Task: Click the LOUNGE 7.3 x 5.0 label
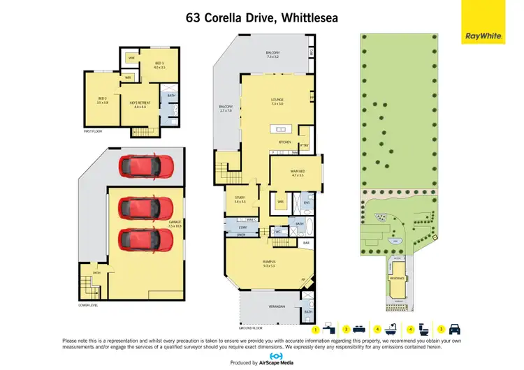coord(277,102)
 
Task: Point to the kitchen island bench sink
coord(282,129)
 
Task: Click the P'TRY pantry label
coord(304,146)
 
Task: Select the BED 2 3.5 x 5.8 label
coord(101,101)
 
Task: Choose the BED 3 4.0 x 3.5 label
coord(159,65)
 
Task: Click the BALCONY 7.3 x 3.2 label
coord(273,54)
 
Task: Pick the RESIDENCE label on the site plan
coord(398,277)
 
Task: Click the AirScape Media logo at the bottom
coord(261,359)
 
